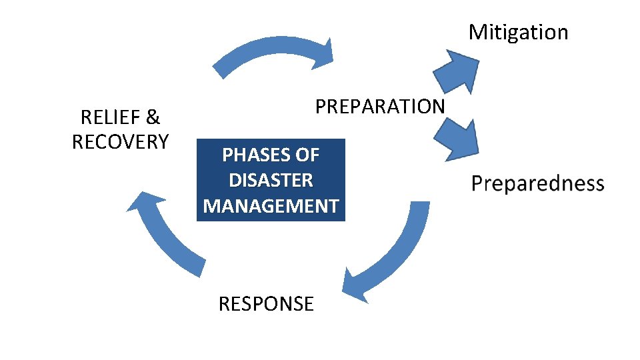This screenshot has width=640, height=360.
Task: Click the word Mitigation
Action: click(518, 32)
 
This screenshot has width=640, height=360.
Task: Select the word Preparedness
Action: click(537, 184)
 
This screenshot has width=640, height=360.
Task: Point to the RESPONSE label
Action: click(266, 304)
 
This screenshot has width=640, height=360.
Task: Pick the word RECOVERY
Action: click(120, 142)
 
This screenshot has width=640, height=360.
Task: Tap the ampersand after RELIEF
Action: click(153, 118)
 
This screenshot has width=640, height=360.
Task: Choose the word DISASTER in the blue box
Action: click(271, 180)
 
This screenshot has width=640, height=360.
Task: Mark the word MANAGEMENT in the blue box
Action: click(271, 205)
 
